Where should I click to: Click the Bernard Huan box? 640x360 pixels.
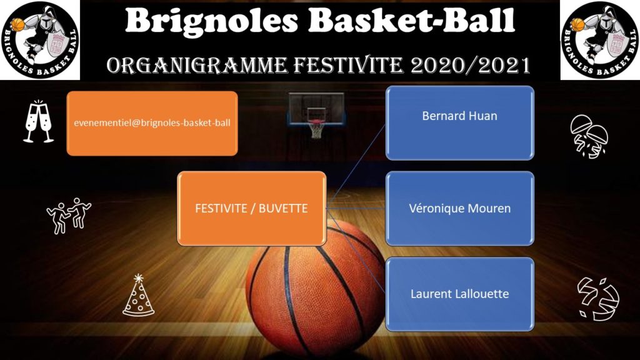point(459,123)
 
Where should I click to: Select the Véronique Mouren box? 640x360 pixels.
point(459,209)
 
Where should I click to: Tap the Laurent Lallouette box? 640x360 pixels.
point(459,294)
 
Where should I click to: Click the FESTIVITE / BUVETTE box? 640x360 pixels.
point(251,209)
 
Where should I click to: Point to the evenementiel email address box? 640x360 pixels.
point(152,123)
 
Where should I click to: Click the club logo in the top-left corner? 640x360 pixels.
point(39,40)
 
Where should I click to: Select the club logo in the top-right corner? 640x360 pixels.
point(599,40)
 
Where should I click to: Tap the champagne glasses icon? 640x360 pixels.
point(38,122)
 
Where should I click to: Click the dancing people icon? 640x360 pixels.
point(69,216)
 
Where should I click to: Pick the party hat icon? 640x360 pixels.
point(138,296)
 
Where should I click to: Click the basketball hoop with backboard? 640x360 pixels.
point(316,115)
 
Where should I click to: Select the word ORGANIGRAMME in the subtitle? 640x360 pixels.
point(197,65)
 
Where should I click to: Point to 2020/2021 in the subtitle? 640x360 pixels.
point(470,65)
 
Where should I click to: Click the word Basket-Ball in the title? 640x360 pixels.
point(411,21)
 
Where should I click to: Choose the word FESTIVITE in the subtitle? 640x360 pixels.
point(349,65)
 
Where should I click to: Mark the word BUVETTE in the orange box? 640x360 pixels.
point(283,209)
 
